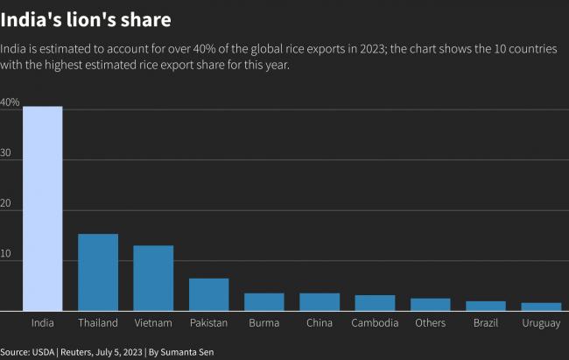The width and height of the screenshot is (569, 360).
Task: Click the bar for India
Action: (42, 208)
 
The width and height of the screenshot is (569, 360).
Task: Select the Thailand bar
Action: (98, 272)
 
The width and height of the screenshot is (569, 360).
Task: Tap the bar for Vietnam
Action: (153, 278)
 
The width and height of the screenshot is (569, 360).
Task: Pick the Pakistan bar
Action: (208, 294)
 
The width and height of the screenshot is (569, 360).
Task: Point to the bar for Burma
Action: (263, 302)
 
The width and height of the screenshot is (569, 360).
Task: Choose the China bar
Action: (320, 302)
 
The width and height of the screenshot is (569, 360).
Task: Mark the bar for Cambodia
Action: (375, 303)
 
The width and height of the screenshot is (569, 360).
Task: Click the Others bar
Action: (430, 305)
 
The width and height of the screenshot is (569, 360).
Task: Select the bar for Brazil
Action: (486, 306)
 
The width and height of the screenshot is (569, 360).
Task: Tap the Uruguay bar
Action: (541, 307)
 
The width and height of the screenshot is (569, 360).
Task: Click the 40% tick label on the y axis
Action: (10, 102)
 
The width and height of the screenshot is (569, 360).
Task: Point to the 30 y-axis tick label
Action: (6, 153)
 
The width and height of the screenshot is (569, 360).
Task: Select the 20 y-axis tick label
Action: (6, 203)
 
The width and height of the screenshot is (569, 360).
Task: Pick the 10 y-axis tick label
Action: (6, 254)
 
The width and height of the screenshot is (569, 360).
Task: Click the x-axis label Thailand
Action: (98, 323)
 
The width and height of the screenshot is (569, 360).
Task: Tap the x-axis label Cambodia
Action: (375, 323)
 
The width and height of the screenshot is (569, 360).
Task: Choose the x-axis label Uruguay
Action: (541, 323)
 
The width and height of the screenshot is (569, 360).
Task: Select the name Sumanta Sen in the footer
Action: (192, 351)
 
